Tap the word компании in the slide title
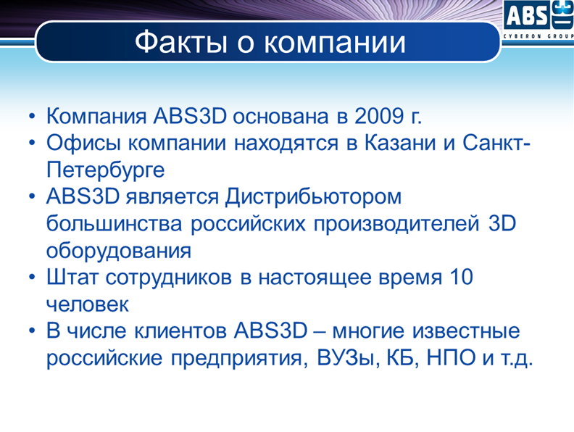[335, 43]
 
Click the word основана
[281, 117]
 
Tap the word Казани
[400, 143]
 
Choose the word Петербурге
[105, 170]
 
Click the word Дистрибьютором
[313, 197]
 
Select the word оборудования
[119, 252]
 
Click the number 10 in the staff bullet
[461, 277]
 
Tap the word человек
[88, 304]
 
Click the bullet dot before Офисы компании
[32, 143]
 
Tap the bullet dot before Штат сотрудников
[32, 277]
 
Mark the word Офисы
[83, 143]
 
